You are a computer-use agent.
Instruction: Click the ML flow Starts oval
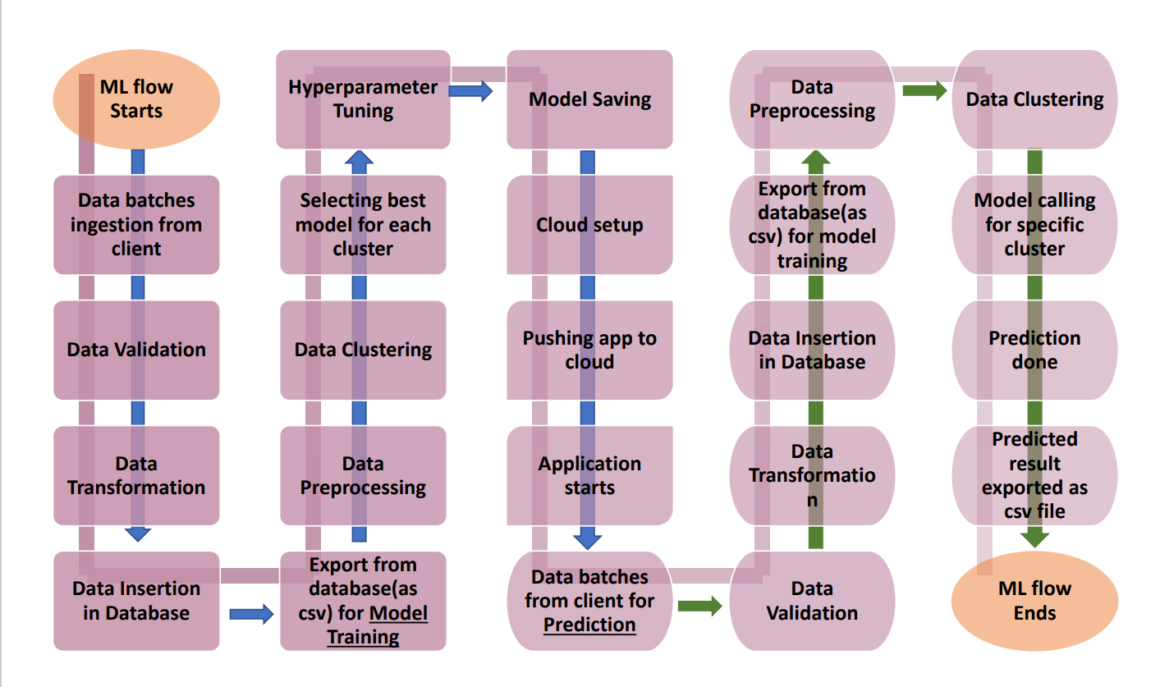[136, 98]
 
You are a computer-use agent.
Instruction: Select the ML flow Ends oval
[1034, 600]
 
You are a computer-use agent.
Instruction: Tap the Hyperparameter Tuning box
[363, 99]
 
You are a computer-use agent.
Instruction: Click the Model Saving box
[589, 99]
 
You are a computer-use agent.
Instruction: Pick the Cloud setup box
[589, 225]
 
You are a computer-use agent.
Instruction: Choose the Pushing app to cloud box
[589, 350]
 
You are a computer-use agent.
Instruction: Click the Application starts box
[589, 475]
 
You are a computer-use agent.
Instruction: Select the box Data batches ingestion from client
[136, 225]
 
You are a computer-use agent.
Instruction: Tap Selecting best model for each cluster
[363, 225]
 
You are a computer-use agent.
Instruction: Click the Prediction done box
[1034, 350]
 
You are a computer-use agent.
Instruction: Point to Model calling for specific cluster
[1034, 225]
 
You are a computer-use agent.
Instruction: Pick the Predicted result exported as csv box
[1034, 475]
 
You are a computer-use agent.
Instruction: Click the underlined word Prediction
[589, 625]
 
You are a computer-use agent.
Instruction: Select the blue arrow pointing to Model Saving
[470, 91]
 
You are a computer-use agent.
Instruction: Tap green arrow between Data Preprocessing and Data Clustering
[924, 91]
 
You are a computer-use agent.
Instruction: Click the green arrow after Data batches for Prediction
[699, 607]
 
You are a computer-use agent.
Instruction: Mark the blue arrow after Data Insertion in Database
[250, 613]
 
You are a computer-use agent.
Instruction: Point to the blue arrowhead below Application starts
[588, 539]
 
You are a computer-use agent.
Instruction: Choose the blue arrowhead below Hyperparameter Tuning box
[358, 158]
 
